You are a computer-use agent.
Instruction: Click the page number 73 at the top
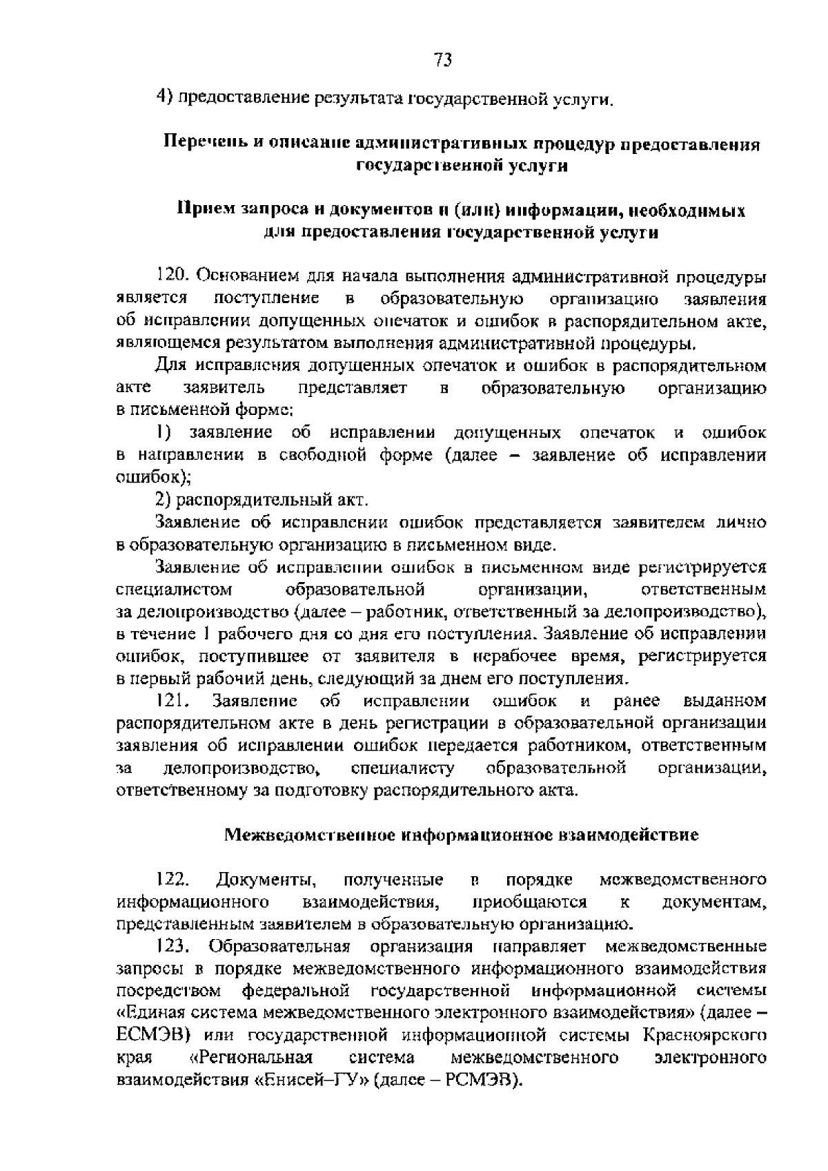(443, 60)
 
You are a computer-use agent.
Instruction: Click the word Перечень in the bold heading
(197, 144)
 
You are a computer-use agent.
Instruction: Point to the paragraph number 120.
(172, 276)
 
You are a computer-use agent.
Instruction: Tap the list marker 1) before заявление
(163, 433)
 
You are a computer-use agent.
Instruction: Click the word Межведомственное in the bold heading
(311, 835)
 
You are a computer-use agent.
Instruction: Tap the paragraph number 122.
(172, 880)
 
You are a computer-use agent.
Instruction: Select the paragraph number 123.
(172, 945)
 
